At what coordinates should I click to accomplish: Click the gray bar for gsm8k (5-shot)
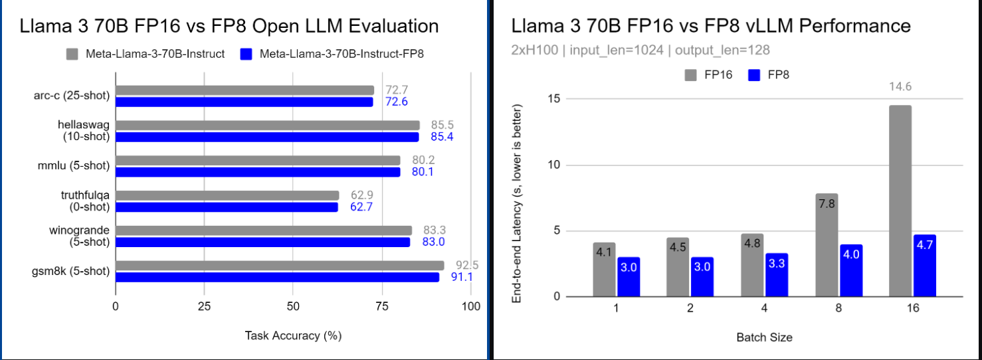pyautogui.click(x=279, y=266)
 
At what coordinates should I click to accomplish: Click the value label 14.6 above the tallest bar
pyautogui.click(x=900, y=86)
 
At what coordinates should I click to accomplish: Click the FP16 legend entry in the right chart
pyautogui.click(x=709, y=75)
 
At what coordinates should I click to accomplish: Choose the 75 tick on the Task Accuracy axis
pyautogui.click(x=381, y=307)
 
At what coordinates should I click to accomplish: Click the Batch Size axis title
pyautogui.click(x=764, y=337)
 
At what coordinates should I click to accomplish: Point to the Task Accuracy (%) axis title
pyautogui.click(x=293, y=335)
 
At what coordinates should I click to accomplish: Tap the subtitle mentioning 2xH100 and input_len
pyautogui.click(x=640, y=50)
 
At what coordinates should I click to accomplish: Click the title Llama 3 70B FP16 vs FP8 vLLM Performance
pyautogui.click(x=710, y=26)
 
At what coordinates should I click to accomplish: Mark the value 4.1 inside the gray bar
pyautogui.click(x=604, y=252)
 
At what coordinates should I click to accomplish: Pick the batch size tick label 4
pyautogui.click(x=764, y=309)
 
